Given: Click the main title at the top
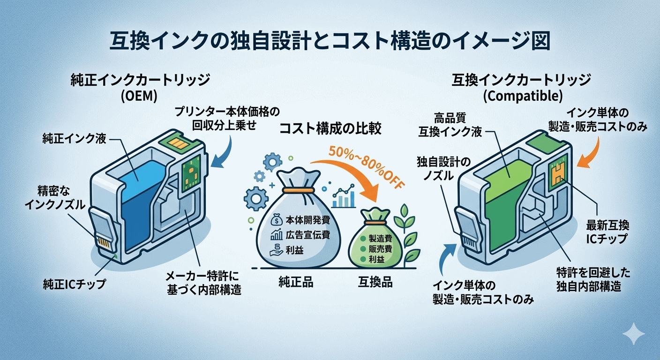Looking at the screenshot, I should tap(330, 41).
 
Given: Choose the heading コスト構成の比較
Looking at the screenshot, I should tap(330, 129).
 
